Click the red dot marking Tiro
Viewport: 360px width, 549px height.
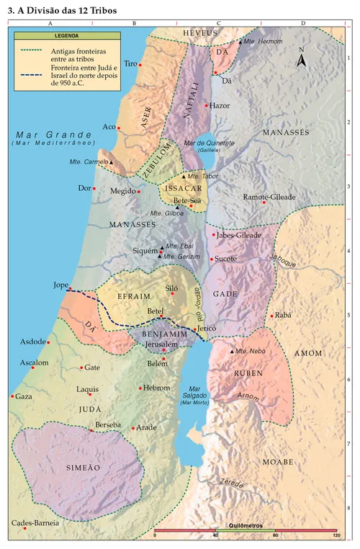[140, 65]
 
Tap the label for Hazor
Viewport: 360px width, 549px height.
[220, 105]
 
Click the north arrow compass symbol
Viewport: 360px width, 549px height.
[302, 60]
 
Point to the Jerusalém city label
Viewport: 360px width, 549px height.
[160, 345]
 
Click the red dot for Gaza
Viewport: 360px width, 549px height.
[12, 396]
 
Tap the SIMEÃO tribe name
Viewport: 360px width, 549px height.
[83, 467]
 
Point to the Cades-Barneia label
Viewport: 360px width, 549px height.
[35, 522]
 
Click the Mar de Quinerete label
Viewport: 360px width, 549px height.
[210, 143]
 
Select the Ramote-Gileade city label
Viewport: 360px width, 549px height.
[269, 196]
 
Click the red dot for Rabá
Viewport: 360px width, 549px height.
[271, 316]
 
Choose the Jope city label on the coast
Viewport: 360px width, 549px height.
[60, 285]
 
